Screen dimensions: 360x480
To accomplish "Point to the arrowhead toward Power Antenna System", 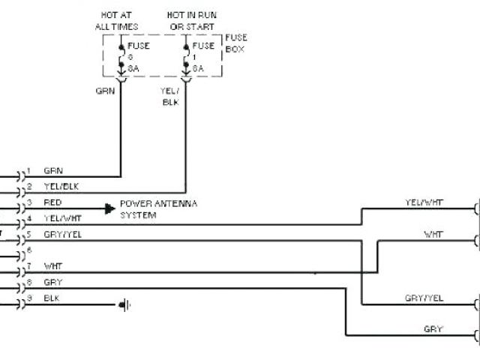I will pyautogui.click(x=109, y=208).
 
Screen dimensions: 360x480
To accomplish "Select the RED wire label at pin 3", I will pyautogui.click(x=53, y=202).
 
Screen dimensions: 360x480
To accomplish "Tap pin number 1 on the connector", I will pyautogui.click(x=28, y=170).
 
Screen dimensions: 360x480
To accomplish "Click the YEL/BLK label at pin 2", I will pyautogui.click(x=59, y=187).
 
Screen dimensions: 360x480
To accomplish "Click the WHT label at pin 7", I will pyautogui.click(x=52, y=266).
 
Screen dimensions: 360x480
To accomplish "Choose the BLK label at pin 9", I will pyautogui.click(x=52, y=298).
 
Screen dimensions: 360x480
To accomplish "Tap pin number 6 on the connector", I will pyautogui.click(x=28, y=250).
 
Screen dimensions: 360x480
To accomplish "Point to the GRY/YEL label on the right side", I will pyautogui.click(x=424, y=298).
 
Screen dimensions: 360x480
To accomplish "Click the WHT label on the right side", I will pyautogui.click(x=433, y=234).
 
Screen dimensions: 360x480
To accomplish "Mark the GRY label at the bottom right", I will pyautogui.click(x=433, y=329).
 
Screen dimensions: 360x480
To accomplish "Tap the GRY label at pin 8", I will pyautogui.click(x=52, y=282).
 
